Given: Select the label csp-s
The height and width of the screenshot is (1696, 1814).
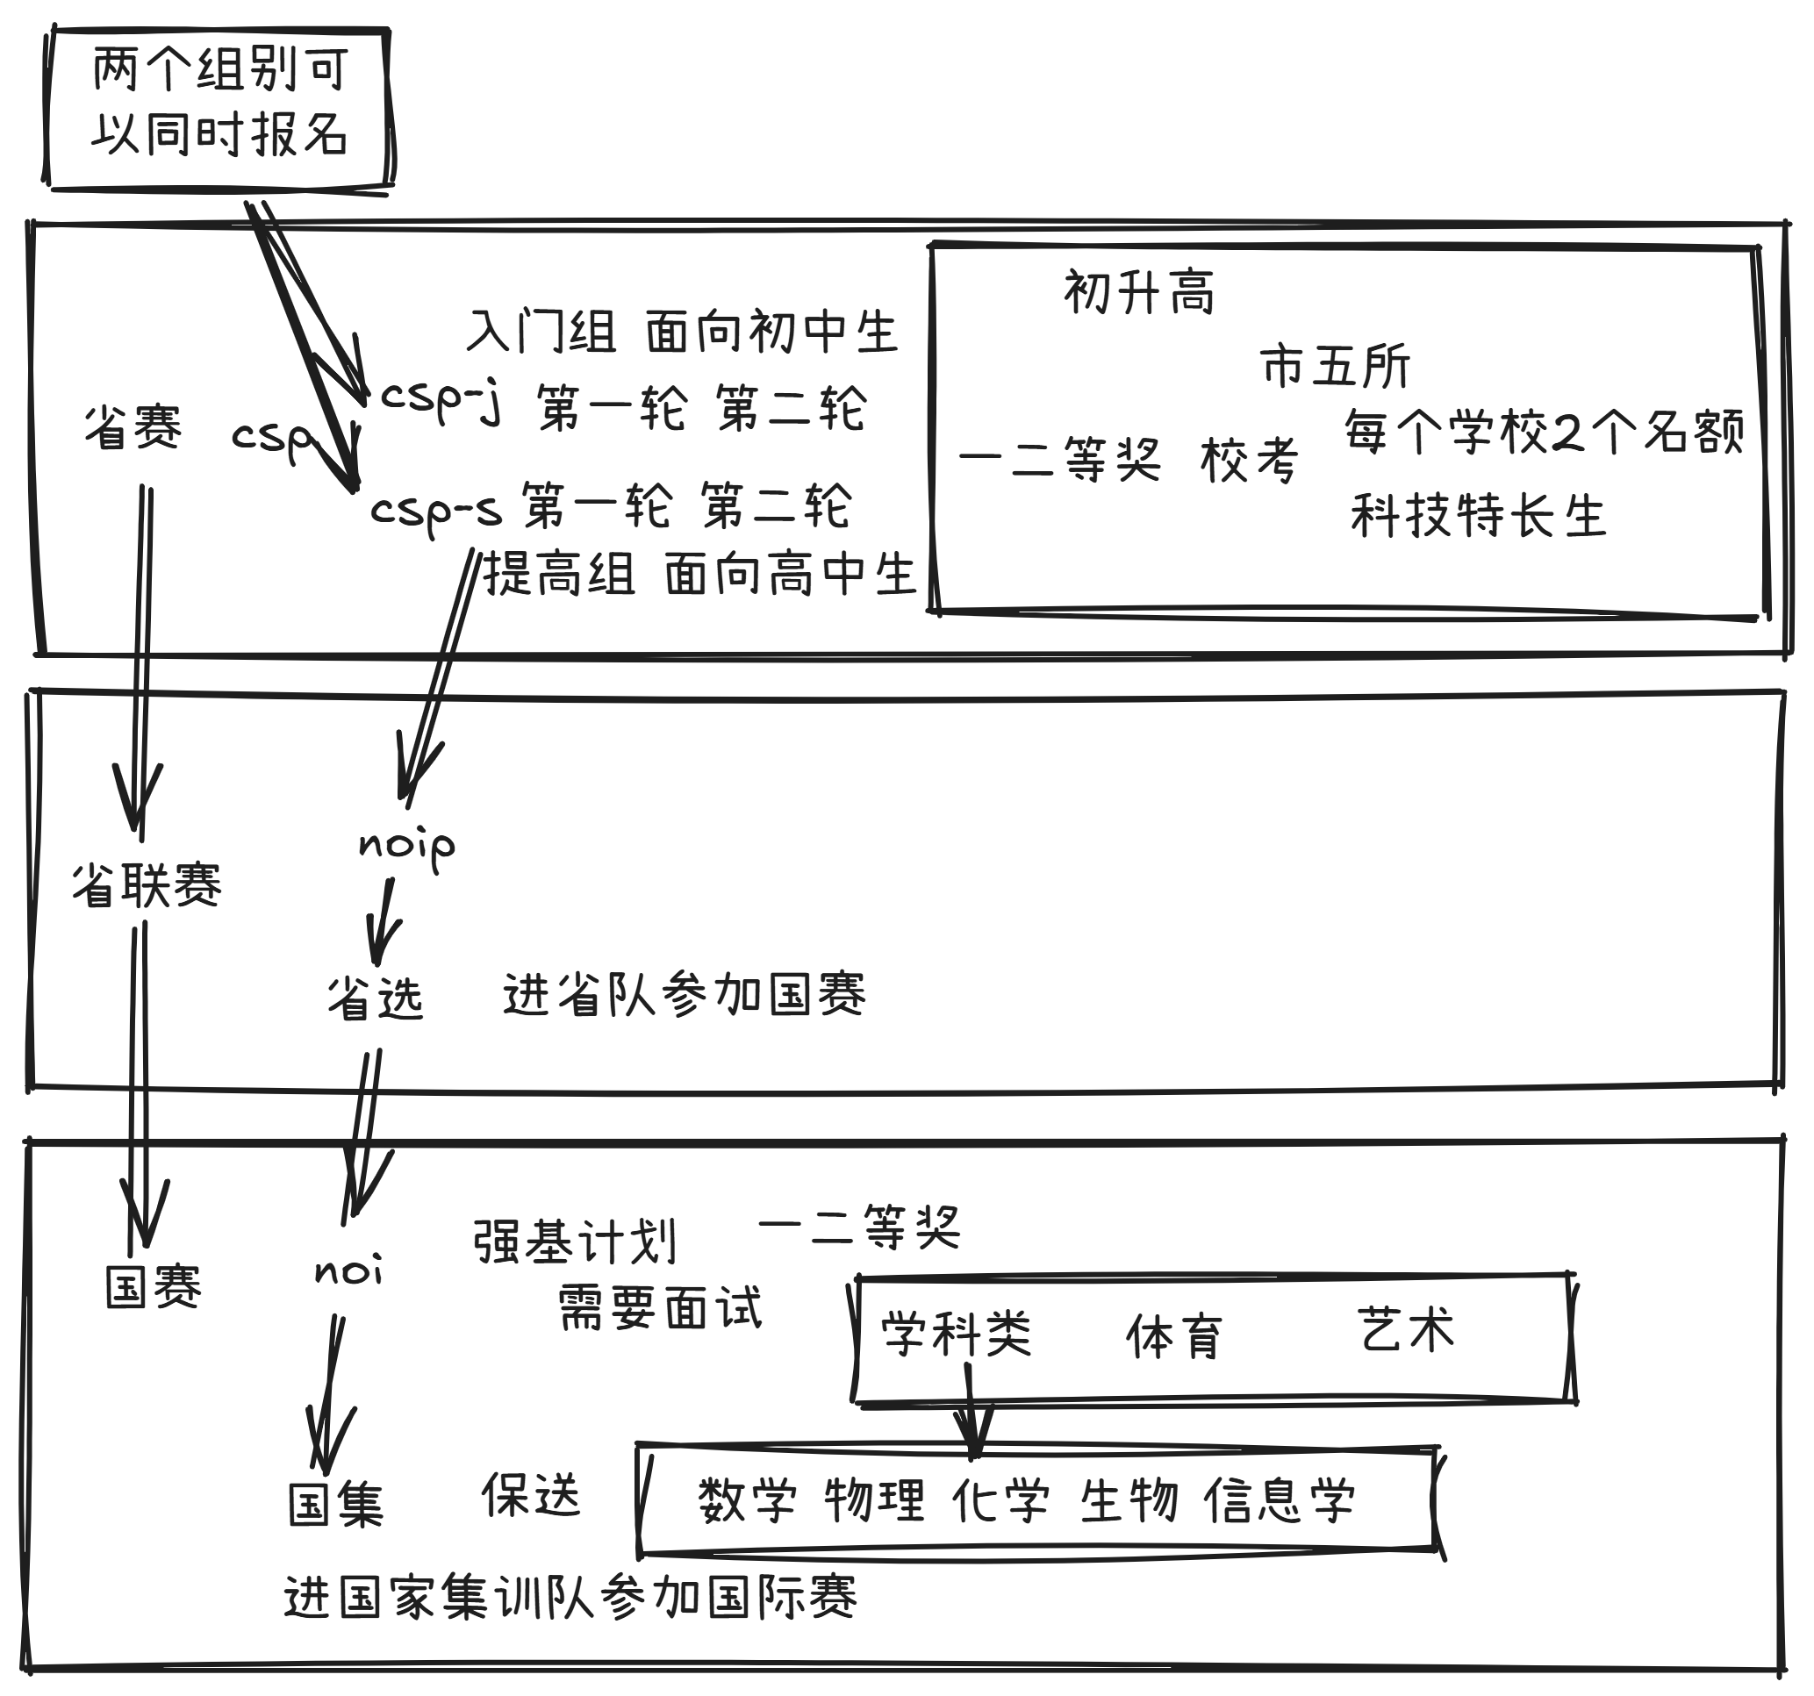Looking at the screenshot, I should [x=435, y=511].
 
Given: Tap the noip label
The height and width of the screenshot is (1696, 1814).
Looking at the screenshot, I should [x=406, y=845].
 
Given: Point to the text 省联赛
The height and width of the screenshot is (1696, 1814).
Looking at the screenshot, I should [x=147, y=885].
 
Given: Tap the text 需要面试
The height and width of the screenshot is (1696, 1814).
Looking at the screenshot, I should [x=660, y=1306].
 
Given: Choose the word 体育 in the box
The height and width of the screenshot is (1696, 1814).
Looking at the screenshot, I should [x=1173, y=1336].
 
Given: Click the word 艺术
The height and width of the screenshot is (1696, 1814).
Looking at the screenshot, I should [x=1405, y=1329].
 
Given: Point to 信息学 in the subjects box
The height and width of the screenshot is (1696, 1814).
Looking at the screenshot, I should [x=1280, y=1500].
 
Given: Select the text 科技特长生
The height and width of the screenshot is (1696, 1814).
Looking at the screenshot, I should [x=1478, y=515].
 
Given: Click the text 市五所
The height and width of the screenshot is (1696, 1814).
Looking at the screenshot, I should [x=1335, y=367].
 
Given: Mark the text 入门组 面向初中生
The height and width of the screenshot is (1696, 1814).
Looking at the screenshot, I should [x=682, y=331].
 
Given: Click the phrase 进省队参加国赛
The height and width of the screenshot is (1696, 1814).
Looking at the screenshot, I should [x=685, y=994].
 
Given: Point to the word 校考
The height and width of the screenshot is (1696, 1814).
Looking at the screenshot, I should [x=1249, y=460].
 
